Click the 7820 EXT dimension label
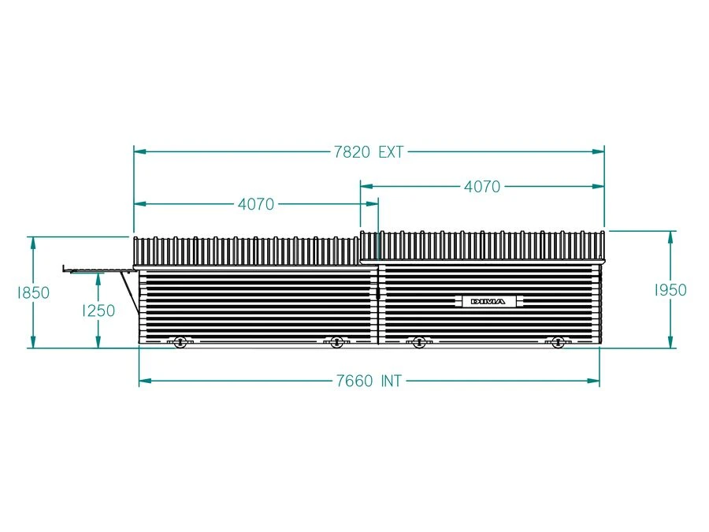369,152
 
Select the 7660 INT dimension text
369,381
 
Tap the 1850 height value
33,292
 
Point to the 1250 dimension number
98,311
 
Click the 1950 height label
670,290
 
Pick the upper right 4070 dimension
482,186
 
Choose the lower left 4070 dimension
256,204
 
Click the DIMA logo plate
488,301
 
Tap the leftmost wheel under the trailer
180,342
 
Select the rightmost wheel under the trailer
558,342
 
